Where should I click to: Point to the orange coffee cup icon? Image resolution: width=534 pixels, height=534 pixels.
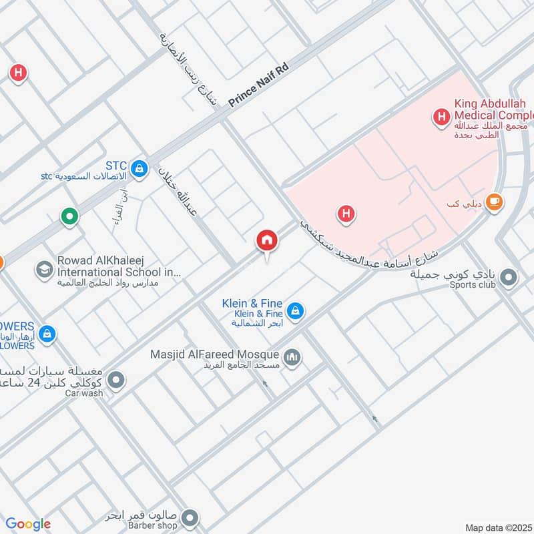click(494, 201)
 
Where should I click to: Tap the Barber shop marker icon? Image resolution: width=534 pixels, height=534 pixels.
click(190, 518)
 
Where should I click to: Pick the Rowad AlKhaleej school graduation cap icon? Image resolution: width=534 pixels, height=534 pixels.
click(45, 270)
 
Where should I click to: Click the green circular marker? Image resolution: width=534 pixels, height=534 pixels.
click(69, 216)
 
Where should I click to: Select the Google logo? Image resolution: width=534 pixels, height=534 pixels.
click(28, 524)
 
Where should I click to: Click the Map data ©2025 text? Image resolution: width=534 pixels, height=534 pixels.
click(497, 528)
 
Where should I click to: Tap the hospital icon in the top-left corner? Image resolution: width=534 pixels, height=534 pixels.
click(18, 73)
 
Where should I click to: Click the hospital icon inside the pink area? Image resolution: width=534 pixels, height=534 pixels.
click(346, 214)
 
